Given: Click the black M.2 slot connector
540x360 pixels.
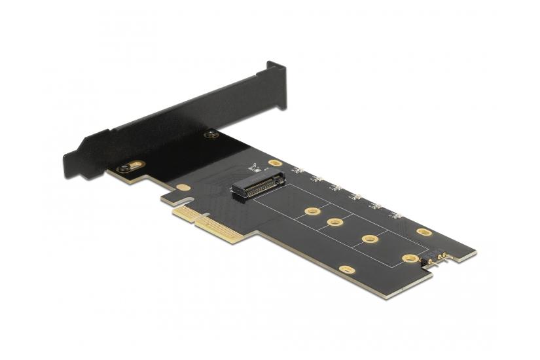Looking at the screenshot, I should pyautogui.click(x=258, y=182).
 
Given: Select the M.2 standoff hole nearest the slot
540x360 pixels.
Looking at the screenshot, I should pyautogui.click(x=312, y=212).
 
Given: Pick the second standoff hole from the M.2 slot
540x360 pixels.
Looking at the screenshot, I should pyautogui.click(x=336, y=223).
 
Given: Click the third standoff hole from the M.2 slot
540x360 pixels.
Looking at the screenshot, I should pyautogui.click(x=370, y=239).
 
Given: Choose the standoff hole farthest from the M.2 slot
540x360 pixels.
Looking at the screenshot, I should pyautogui.click(x=410, y=259).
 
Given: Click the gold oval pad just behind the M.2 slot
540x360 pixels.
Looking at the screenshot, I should pyautogui.click(x=276, y=163).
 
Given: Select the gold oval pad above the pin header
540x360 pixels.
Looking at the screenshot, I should pyautogui.click(x=423, y=232).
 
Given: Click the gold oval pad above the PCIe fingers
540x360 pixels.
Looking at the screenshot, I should pyautogui.click(x=184, y=188).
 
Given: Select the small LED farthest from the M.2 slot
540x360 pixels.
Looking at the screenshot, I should pyautogui.click(x=396, y=215).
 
